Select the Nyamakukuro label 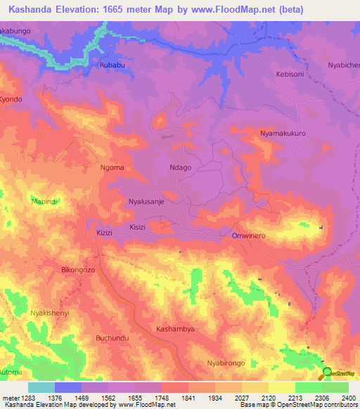[283, 132]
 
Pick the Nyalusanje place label [146, 201]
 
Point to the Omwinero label [249, 235]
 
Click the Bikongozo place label [78, 269]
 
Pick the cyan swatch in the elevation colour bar [41, 387]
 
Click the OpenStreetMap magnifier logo [327, 372]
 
